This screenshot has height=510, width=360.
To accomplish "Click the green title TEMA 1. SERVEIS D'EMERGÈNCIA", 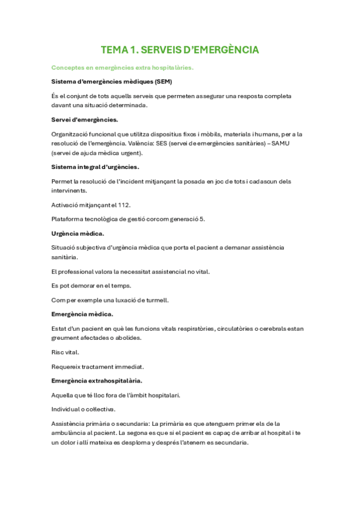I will coord(180,50).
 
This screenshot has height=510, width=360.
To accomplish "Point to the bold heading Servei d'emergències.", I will coord(85,119).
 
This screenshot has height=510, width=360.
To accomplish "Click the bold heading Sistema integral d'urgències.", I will coord(96,167).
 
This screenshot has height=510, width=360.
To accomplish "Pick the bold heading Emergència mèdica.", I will coord(82,314).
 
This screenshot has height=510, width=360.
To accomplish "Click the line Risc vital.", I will coord(65,352).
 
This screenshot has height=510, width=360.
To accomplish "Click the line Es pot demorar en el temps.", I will coord(91,285).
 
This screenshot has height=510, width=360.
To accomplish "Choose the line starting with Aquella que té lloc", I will coord(116,395).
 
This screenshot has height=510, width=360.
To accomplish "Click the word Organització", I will coord(74,134).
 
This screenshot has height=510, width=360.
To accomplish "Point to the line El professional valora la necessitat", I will coord(130,271).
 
